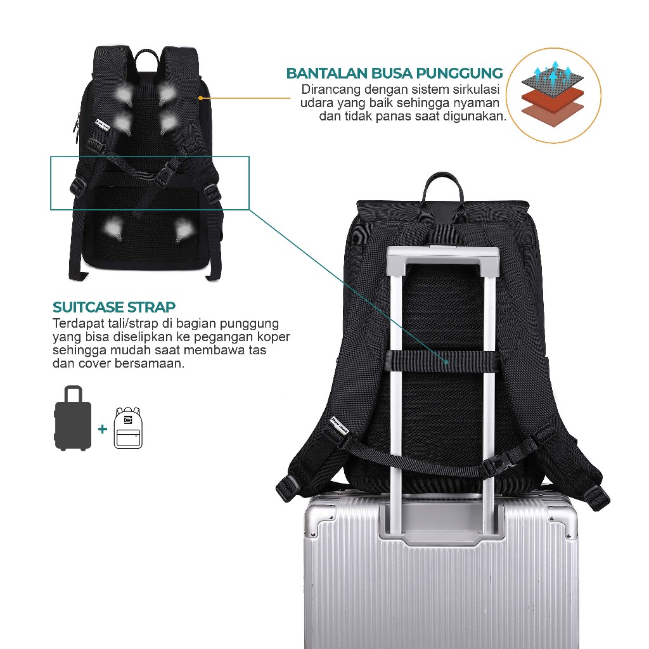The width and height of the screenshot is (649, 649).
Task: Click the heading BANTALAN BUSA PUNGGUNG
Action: click(394, 73)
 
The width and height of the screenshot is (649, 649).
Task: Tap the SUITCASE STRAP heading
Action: click(114, 308)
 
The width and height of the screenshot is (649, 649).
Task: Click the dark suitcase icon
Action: click(73, 418)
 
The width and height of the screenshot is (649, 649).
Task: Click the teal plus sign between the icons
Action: click(103, 429)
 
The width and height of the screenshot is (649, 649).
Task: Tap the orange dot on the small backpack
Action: click(200, 98)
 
